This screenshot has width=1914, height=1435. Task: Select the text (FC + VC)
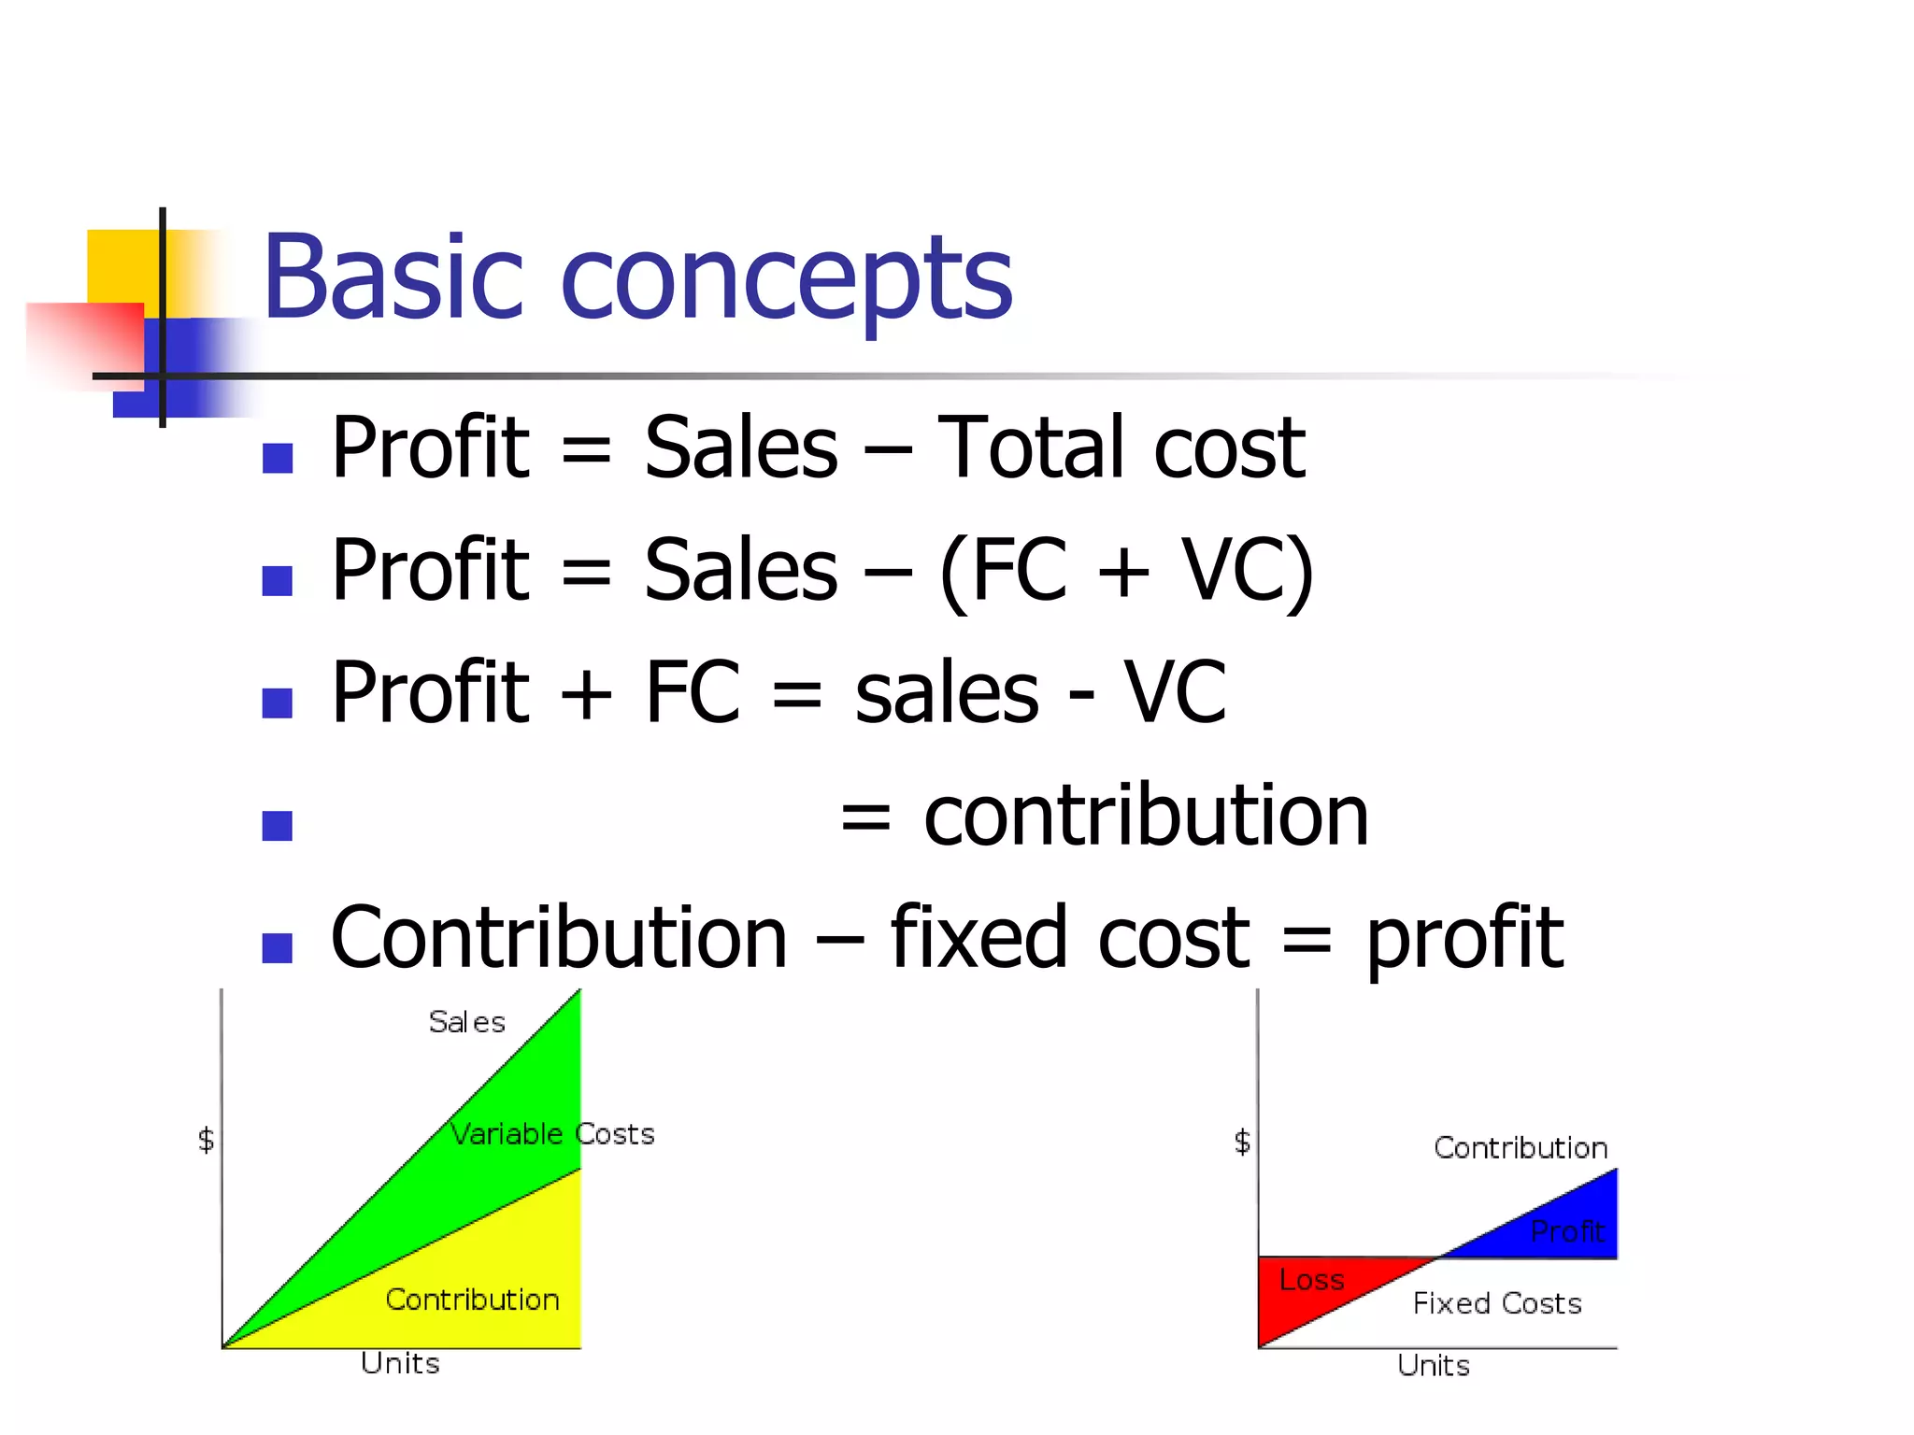pos(1127,571)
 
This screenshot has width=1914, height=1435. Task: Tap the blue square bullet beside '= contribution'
pos(278,826)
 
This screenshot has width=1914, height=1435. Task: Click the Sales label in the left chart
pos(466,1022)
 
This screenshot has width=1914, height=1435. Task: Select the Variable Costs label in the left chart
pos(552,1134)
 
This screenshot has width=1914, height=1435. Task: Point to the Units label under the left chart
pos(400,1363)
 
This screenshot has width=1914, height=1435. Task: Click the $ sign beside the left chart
pos(207,1140)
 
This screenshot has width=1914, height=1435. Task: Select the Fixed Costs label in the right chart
pos(1497,1303)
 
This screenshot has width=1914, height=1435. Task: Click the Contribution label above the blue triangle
pos(1521,1148)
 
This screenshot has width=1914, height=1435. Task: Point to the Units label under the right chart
pos(1434,1366)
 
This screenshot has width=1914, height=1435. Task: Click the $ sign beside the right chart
pos(1242,1142)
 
